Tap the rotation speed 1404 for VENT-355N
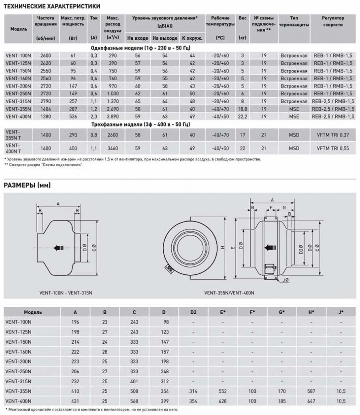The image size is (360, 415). (45, 109)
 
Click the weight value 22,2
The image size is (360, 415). (243, 117)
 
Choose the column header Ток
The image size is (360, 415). (94, 18)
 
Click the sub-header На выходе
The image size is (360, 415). (165, 38)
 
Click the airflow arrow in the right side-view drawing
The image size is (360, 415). (269, 247)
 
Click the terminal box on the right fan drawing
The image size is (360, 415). (269, 269)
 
